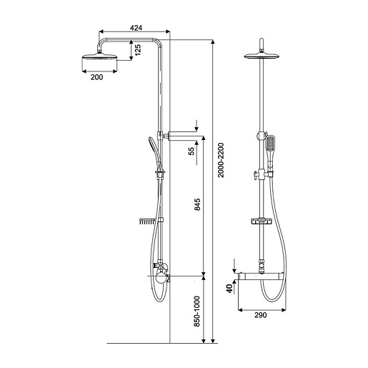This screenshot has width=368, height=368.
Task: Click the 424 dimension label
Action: [136, 28]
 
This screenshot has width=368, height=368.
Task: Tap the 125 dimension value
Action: [138, 50]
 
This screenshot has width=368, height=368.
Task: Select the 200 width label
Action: [96, 77]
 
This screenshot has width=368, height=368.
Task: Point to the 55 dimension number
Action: [192, 151]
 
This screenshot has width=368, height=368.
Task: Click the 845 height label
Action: [197, 204]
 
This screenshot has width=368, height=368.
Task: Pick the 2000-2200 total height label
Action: [221, 160]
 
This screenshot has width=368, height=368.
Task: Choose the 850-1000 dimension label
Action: [197, 312]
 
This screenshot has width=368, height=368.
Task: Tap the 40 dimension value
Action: [229, 289]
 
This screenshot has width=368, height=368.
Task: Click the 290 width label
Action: [261, 315]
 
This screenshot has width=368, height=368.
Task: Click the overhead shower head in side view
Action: [99, 56]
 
